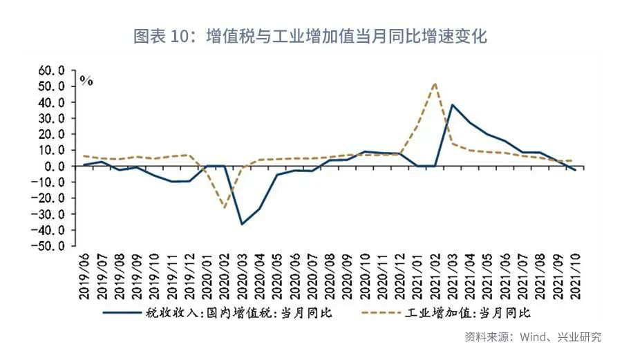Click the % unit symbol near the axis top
(86, 80)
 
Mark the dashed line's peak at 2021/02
(435, 84)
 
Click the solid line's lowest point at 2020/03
(242, 224)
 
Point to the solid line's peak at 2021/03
(452, 105)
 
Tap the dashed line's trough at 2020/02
(225, 207)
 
